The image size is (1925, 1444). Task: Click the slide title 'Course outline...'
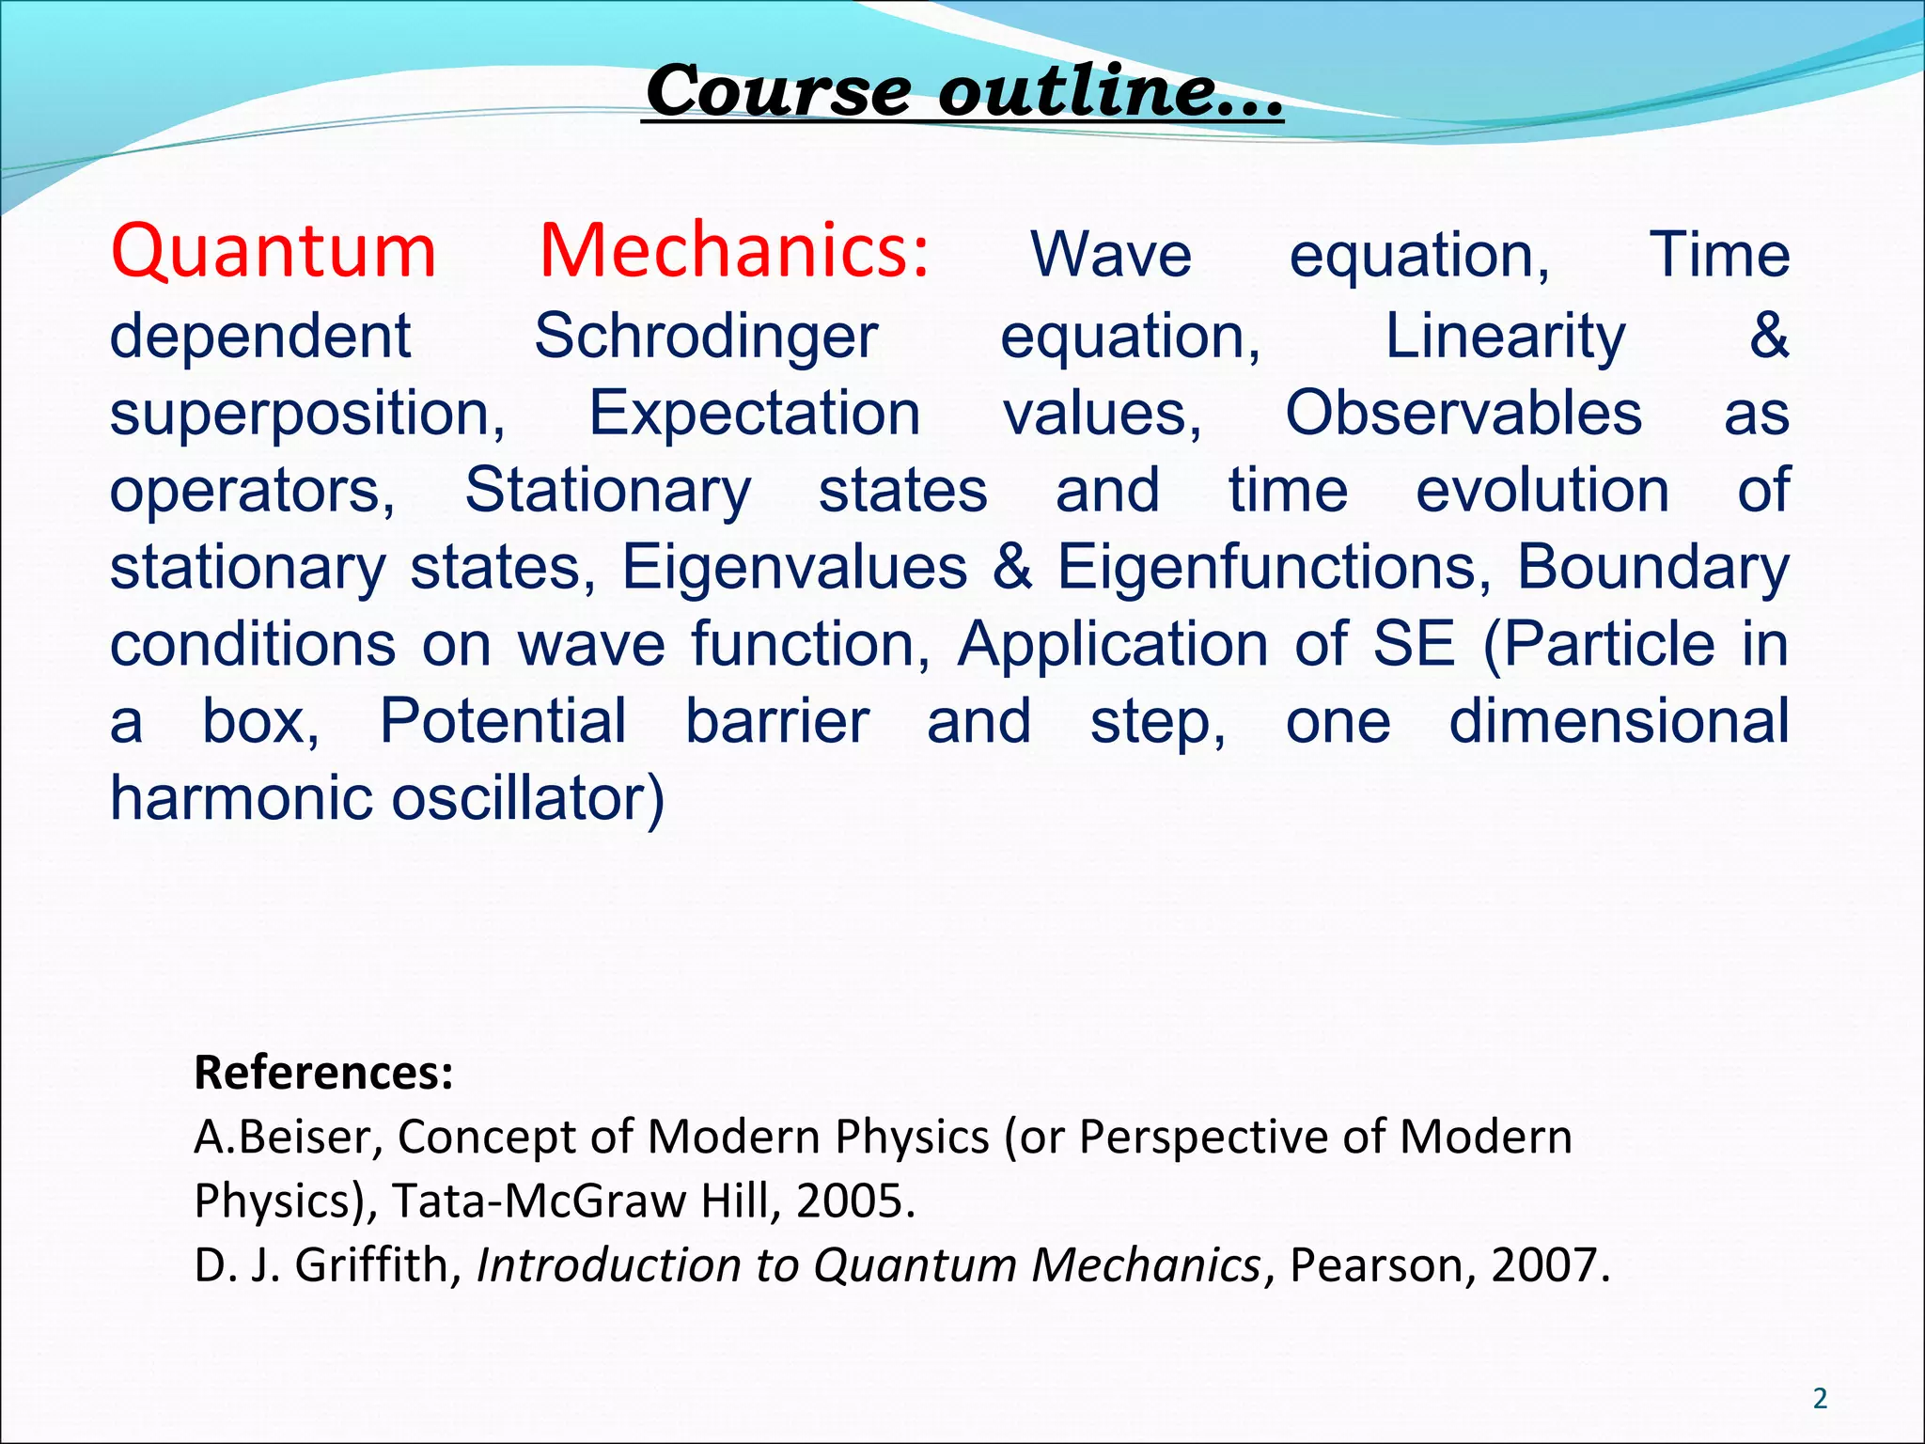(963, 92)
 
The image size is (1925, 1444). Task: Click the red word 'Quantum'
(274, 252)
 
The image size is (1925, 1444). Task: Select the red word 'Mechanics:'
(734, 252)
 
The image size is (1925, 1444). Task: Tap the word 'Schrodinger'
(706, 337)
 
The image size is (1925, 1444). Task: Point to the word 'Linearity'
(1505, 337)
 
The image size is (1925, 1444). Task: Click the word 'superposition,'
(307, 415)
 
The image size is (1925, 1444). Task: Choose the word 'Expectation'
(754, 414)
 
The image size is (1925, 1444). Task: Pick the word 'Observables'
(1463, 414)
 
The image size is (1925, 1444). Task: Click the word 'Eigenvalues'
(794, 568)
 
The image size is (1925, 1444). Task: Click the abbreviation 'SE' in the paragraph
(1414, 645)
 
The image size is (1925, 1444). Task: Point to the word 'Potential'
(503, 722)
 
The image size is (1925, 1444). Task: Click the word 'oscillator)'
(528, 799)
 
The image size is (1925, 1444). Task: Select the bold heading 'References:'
(323, 1073)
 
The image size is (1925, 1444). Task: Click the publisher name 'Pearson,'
(1375, 1265)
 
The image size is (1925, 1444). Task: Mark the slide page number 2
(1820, 1399)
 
